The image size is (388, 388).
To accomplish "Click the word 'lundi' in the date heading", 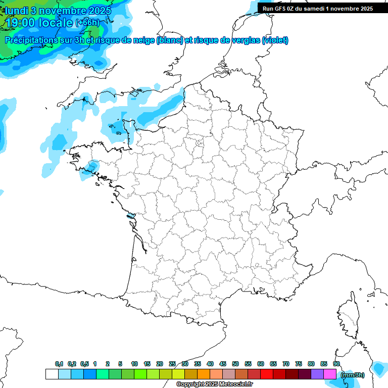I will tap(17, 11).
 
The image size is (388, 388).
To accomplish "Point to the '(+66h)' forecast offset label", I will tap(87, 23).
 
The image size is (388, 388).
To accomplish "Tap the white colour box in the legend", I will tap(52, 374).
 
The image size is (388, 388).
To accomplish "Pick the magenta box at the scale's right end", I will tap(330, 374).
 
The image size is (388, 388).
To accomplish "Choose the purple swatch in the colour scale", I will tap(317, 374).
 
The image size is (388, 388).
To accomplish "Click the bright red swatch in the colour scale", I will tap(267, 374).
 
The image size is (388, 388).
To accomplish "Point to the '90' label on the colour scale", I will tap(336, 364).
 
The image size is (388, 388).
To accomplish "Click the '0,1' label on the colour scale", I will tap(59, 364).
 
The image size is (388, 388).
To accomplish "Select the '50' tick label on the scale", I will tap(235, 364).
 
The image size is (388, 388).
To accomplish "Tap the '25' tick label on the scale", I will tap(172, 364).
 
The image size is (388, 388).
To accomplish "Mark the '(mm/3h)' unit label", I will tap(352, 374).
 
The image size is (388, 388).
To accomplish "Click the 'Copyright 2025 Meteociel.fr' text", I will tap(215, 384).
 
